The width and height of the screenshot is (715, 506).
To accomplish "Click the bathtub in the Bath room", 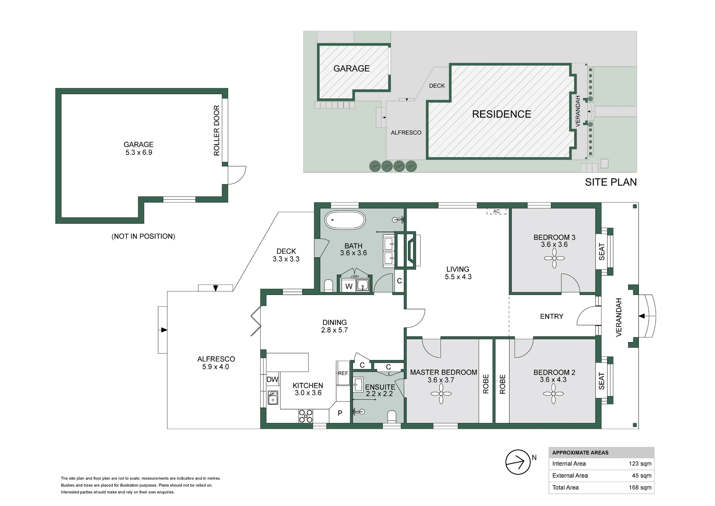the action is [345, 220].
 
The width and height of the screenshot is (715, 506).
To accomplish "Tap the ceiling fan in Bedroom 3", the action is [554, 258].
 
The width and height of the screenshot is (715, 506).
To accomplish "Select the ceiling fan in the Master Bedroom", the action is [441, 394].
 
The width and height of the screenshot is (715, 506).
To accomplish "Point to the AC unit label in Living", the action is [497, 211].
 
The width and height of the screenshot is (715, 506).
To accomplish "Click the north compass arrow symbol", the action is [518, 462].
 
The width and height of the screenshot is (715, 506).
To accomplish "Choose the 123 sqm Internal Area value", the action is [640, 464].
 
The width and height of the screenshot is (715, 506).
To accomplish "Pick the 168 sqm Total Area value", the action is [640, 487].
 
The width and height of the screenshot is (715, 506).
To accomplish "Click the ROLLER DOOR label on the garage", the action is [216, 130].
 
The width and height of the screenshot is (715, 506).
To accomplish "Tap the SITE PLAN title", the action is [611, 182].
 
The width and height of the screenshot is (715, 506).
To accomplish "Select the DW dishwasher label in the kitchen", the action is [272, 379].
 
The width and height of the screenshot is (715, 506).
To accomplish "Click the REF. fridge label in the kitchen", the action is [343, 373].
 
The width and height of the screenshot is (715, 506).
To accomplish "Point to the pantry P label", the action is [340, 413].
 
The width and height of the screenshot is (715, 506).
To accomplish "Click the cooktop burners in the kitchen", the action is [306, 416].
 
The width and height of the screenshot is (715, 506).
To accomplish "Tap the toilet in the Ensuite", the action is [392, 416].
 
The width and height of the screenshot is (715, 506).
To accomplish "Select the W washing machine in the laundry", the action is [349, 286].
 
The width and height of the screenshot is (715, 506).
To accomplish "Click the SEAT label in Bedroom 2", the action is [602, 381].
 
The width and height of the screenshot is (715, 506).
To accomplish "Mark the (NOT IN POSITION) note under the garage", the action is [143, 236].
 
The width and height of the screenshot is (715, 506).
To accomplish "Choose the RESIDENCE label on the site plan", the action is [502, 114].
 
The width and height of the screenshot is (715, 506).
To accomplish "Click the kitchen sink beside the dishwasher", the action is [273, 397].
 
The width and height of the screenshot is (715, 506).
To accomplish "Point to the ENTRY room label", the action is [552, 316].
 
